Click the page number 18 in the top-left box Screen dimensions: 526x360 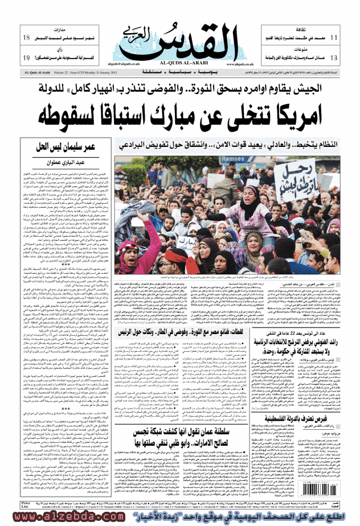[26, 38]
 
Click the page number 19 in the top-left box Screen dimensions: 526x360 [26, 58]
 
